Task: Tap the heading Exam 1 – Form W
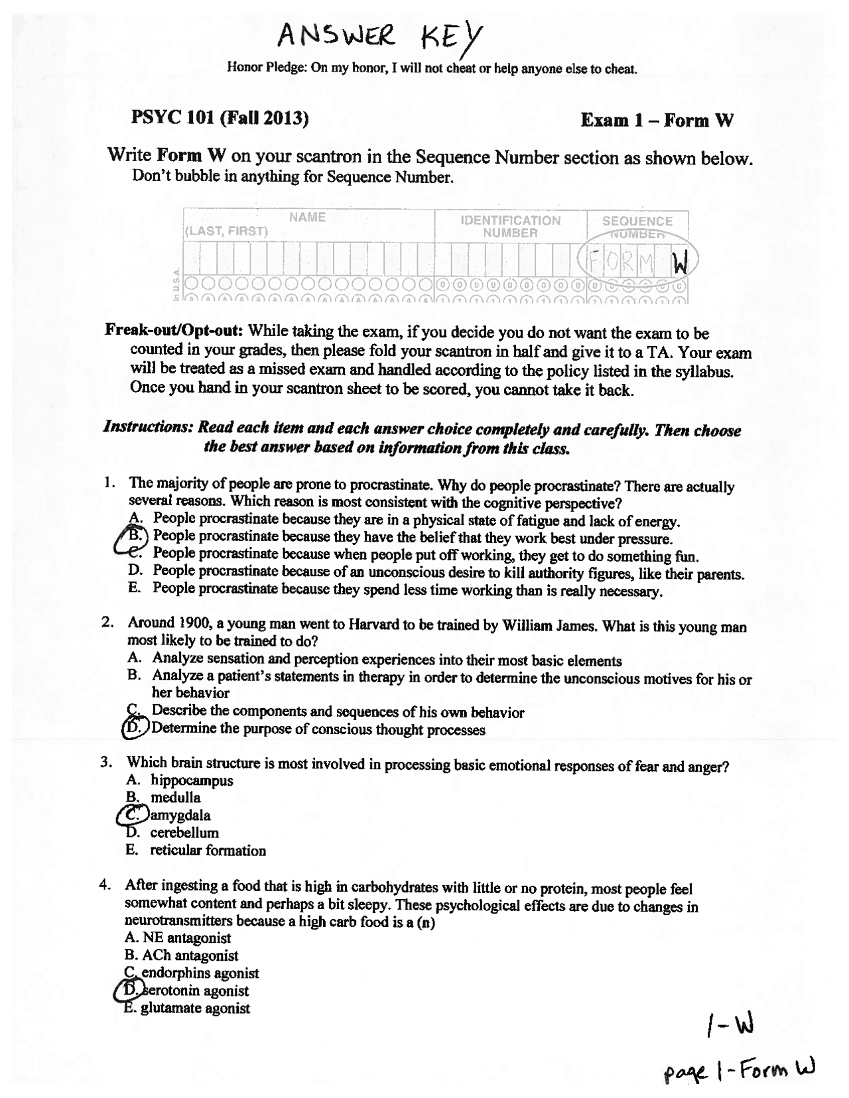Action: click(657, 120)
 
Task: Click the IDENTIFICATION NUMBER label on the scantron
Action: click(510, 226)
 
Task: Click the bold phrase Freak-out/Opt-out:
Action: click(174, 330)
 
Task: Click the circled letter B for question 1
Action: click(135, 535)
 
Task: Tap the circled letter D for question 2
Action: click(135, 729)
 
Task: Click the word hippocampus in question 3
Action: click(192, 780)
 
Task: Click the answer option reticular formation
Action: click(208, 850)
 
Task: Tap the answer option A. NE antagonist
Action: click(178, 938)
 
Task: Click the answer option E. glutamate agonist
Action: click(188, 1008)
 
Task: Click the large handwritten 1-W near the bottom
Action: click(728, 1028)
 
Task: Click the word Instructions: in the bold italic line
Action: click(147, 427)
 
